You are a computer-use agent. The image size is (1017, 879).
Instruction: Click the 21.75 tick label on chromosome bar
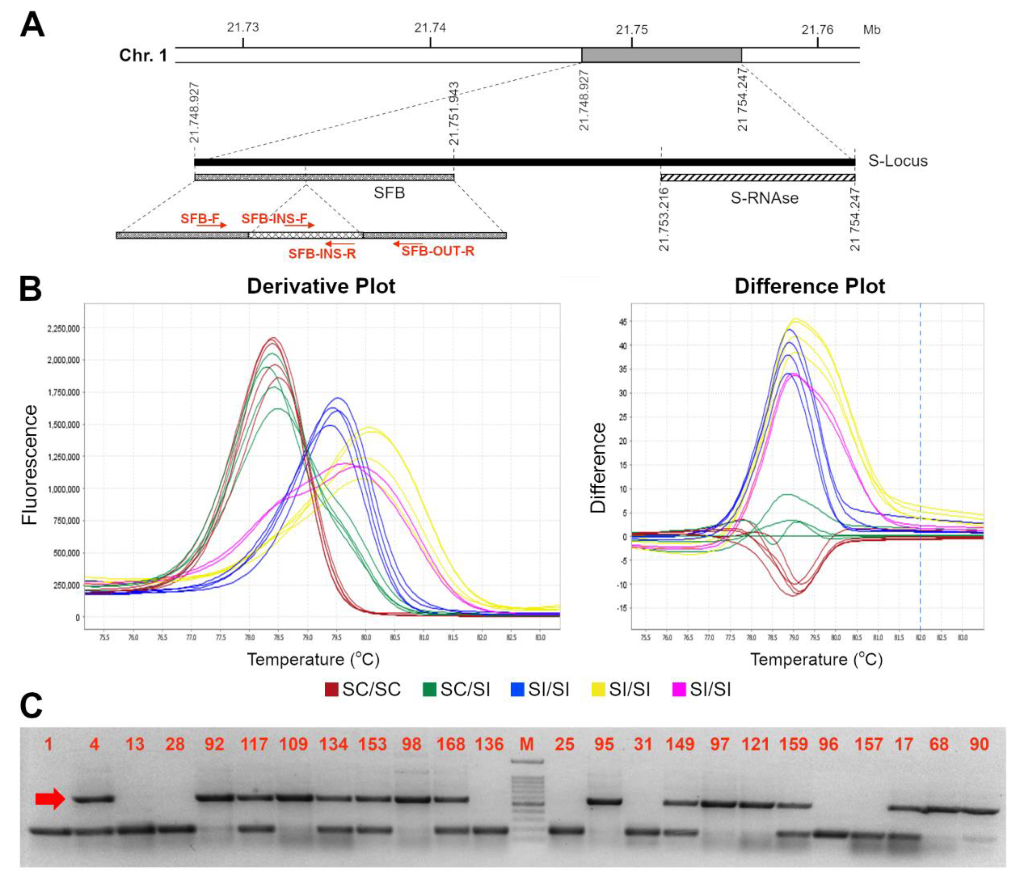632,30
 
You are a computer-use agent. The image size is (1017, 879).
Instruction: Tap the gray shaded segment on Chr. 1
661,55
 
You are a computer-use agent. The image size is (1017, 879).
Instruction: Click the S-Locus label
898,161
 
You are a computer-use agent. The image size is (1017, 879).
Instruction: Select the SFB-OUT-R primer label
438,252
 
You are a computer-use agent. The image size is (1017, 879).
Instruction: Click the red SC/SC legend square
332,689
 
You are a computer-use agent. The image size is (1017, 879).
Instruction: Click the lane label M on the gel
526,744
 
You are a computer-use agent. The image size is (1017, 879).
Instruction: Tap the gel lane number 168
451,744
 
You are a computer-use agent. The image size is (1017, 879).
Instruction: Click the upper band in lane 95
604,802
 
